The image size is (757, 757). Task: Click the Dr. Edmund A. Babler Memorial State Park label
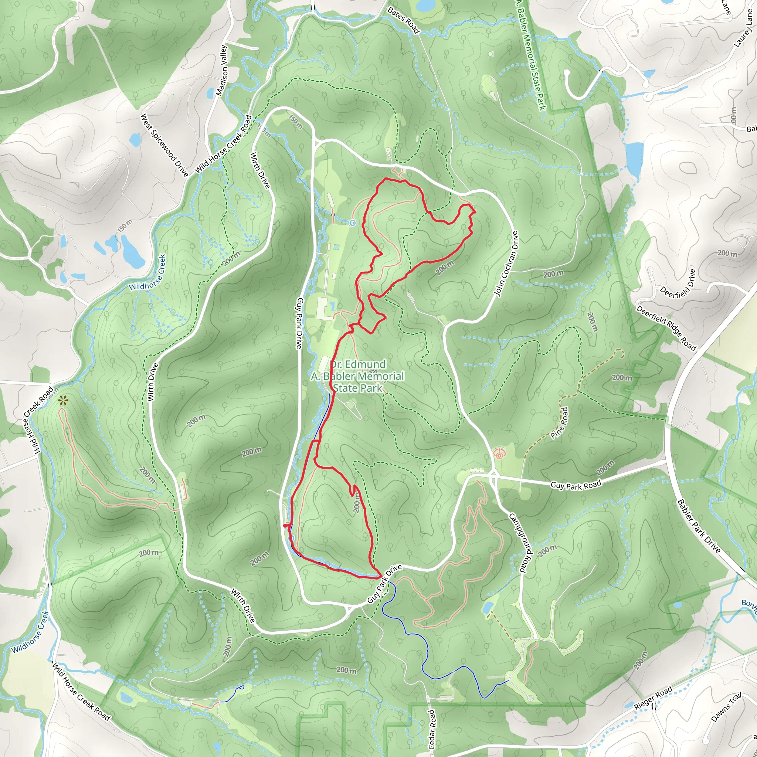tap(357, 376)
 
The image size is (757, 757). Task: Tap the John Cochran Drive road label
tap(506, 263)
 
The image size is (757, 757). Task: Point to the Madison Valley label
tap(222, 70)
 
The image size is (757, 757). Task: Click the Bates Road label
tap(404, 20)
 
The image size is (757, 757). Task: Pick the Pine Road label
tap(560, 423)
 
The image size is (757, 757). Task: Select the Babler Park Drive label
tap(699, 526)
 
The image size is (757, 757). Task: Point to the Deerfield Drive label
tap(678, 284)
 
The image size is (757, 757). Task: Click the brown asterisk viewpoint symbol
tap(63, 400)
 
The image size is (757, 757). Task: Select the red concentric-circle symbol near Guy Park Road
tap(498, 454)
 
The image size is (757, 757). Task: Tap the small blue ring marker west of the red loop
tap(352, 223)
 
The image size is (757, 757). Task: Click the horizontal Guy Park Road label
tap(576, 485)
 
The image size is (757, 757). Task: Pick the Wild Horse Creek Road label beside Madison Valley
tap(223, 144)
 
